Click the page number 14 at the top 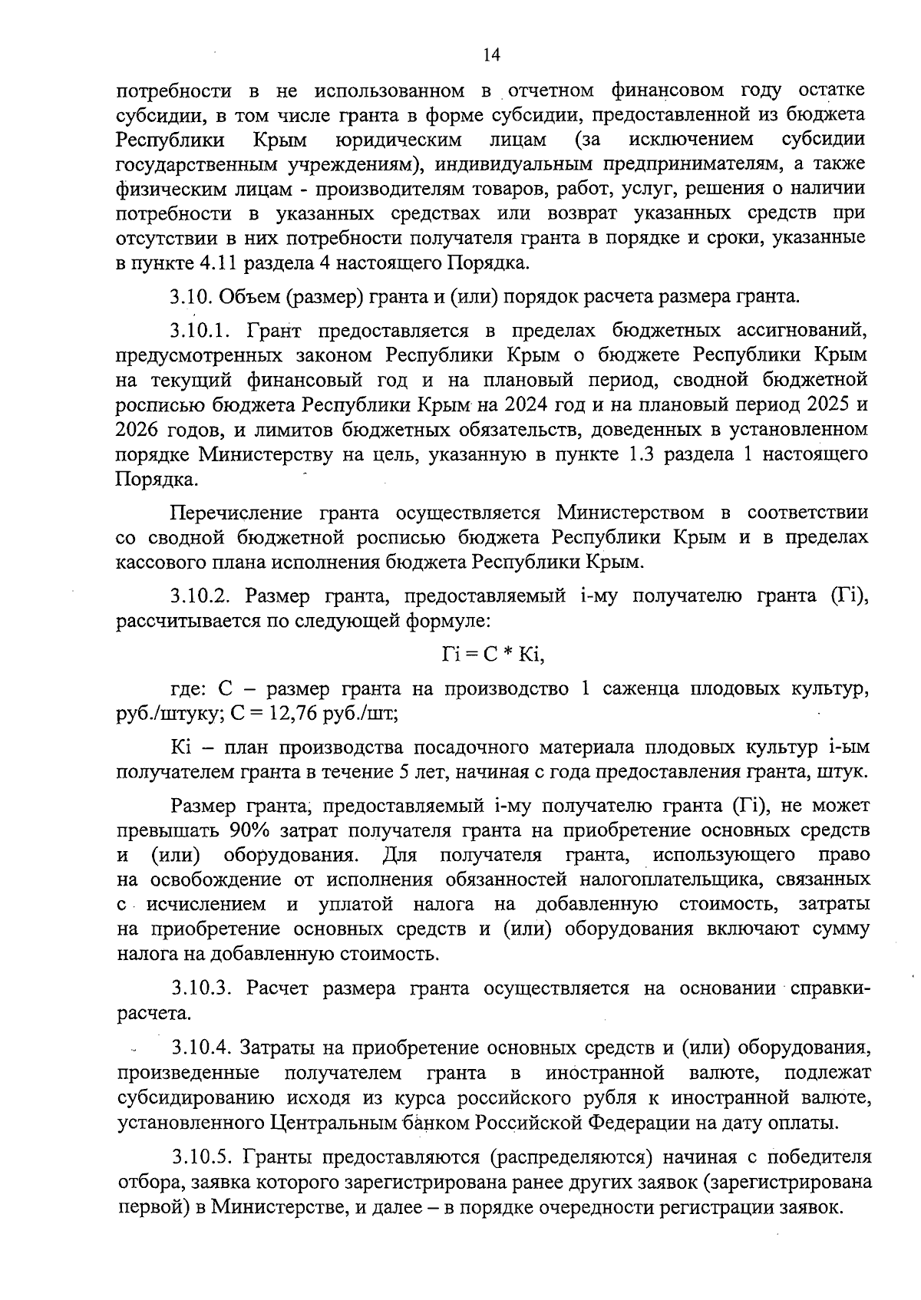491,55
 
